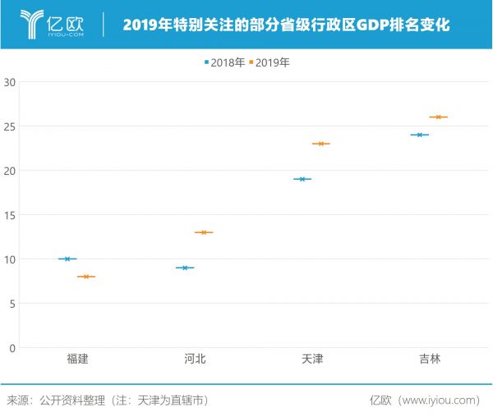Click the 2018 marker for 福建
click(x=67, y=259)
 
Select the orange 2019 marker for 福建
click(x=86, y=277)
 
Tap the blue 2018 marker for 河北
click(x=185, y=267)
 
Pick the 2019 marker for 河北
click(x=204, y=232)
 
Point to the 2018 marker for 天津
click(x=302, y=179)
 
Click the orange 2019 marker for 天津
click(x=321, y=144)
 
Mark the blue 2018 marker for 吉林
click(x=420, y=135)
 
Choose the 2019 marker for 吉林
click(x=439, y=117)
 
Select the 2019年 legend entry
click(x=271, y=62)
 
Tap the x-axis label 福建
click(x=77, y=359)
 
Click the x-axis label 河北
click(x=195, y=359)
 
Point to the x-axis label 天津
click(x=312, y=359)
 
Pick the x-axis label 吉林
click(x=429, y=359)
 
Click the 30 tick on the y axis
click(x=10, y=82)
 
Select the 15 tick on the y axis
click(x=10, y=215)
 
